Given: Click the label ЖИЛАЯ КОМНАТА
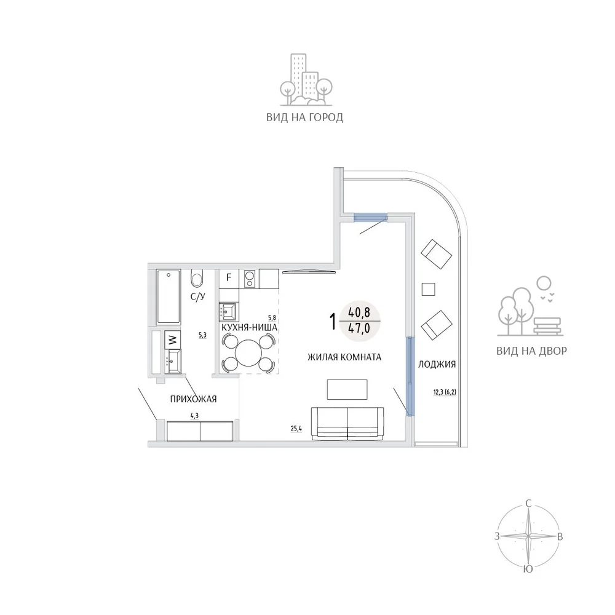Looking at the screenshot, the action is pos(344,357).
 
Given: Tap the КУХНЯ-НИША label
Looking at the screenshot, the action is pos(250,327).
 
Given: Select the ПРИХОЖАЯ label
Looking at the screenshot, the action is pos(193,399).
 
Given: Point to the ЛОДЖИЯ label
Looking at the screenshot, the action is pos(437,364).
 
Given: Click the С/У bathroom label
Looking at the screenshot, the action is pos(198,296).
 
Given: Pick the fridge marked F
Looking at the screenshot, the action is pos(229,279).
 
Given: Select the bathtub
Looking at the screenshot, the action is pos(169,296).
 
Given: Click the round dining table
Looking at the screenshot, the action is pos(248,352).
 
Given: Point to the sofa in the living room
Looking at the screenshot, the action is pos(347,423).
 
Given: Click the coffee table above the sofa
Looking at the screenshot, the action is pos(347,389).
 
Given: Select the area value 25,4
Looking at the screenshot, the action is pos(296,428).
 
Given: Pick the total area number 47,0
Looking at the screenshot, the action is pos(359,328).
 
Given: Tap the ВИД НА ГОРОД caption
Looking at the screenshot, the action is pos(305,117).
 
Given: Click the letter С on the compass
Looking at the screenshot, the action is pos(528,504).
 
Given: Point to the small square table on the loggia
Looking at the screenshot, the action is pos(428,290).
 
